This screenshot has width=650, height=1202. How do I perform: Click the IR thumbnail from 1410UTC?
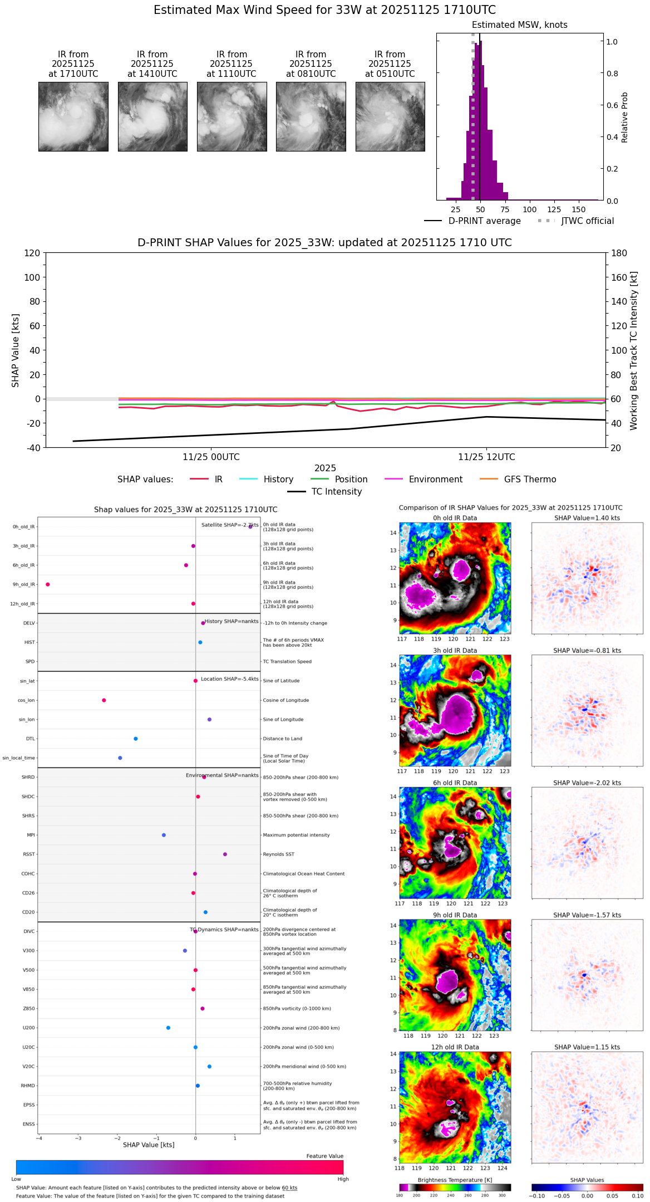point(152,116)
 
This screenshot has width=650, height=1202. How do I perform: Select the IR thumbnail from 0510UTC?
point(390,116)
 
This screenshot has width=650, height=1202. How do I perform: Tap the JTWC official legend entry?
point(587,221)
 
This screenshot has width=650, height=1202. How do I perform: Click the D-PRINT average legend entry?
point(484,221)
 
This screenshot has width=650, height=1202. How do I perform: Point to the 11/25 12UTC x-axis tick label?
point(486,457)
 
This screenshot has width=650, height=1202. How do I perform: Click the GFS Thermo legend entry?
point(530,480)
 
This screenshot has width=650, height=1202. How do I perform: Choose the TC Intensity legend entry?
point(336,492)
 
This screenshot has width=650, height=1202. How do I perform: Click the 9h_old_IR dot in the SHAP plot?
point(48,584)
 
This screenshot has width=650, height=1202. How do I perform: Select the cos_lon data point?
point(104,700)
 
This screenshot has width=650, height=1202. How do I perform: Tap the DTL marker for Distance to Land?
point(136,739)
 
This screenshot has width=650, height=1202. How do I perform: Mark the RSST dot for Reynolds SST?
point(225,854)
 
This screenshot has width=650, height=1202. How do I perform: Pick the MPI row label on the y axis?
point(31,835)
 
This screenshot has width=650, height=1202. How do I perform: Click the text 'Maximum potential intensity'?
point(296,835)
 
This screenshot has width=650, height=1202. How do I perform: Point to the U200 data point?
point(168,1028)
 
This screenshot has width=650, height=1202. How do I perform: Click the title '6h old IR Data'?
point(455,783)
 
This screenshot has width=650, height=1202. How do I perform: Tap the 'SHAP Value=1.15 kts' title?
point(587,1047)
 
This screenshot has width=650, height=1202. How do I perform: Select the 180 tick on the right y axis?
point(619,253)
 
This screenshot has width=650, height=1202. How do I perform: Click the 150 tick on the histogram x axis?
point(579,209)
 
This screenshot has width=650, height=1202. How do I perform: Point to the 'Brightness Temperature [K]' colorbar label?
point(455,1180)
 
